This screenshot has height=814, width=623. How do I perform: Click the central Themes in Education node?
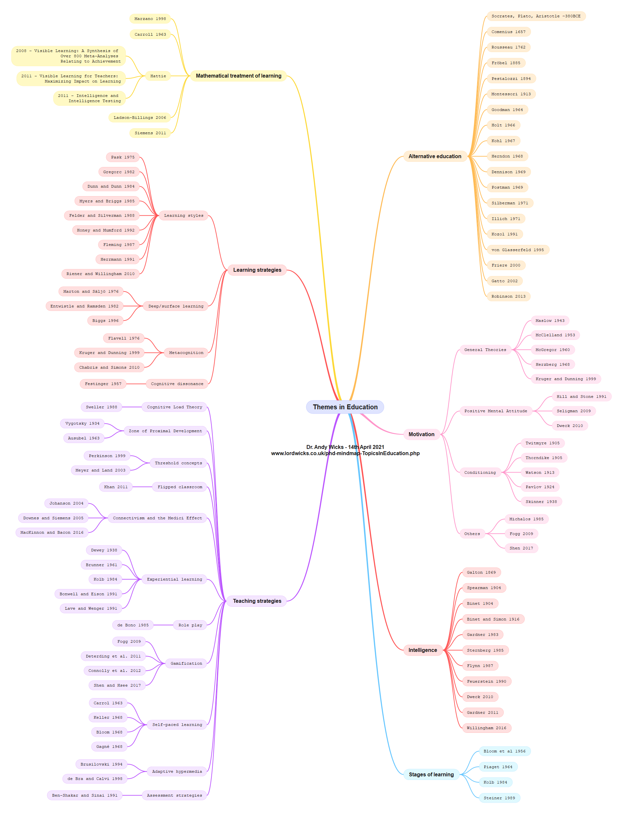coord(345,407)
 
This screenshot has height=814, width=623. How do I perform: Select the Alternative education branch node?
coord(435,157)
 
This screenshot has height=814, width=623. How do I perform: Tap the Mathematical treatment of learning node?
coord(239,76)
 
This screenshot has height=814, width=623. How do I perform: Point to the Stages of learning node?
coord(431,774)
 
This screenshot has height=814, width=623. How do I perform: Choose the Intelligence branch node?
coord(422,650)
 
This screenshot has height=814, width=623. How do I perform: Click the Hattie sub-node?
coord(158,76)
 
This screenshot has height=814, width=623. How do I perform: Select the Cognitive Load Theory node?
coord(174,407)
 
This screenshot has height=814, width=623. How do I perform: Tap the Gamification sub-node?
coord(186,663)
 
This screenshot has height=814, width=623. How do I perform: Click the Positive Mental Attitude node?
coord(496,411)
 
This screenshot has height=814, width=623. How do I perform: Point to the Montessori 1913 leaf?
coord(511,94)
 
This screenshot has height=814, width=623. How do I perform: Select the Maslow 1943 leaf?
coord(550,321)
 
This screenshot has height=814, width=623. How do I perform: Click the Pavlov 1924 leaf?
coord(539,487)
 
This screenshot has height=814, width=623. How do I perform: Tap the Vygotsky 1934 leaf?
coord(82,423)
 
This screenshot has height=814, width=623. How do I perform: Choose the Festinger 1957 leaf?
coord(103,384)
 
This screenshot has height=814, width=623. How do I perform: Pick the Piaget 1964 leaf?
coord(498,767)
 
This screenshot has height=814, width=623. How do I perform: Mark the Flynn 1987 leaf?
coord(480,665)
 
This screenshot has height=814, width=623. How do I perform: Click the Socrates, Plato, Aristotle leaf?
coord(535,16)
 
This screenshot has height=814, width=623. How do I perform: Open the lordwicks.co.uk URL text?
coord(345,453)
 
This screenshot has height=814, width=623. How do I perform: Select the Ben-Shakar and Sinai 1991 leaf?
coord(85,795)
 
